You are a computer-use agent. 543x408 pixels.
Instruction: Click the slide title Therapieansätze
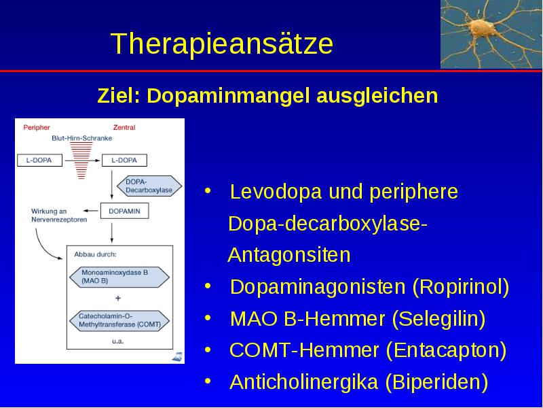coord(222,43)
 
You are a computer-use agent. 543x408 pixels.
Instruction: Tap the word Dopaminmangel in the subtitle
coord(228,95)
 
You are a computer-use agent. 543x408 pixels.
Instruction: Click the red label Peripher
coord(37,127)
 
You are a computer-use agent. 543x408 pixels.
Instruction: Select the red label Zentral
coord(124,127)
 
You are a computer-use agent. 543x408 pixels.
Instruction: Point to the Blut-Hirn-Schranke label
coord(81,138)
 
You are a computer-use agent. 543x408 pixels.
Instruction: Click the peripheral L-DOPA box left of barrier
coord(39,160)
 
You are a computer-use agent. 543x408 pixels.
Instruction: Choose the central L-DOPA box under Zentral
coord(124,160)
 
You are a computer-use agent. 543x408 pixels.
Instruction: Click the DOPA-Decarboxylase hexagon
coord(149,186)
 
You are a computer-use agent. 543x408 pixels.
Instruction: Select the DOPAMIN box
coord(124,211)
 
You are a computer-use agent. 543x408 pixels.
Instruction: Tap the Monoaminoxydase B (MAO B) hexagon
coord(119,277)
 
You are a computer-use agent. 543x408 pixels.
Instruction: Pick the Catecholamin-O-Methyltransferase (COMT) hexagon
coord(119,320)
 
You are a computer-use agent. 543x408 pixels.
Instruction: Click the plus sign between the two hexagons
coord(117,298)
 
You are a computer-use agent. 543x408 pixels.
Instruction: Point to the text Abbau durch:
coord(95,254)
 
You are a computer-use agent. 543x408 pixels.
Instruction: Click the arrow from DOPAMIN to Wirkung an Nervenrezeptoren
coord(91,211)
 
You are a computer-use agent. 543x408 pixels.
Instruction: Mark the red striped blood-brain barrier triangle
coord(81,160)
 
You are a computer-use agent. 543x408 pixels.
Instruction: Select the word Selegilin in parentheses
coord(438,319)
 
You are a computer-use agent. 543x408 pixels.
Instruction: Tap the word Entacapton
coord(446,350)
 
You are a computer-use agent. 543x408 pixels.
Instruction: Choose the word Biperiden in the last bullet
coord(436,382)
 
